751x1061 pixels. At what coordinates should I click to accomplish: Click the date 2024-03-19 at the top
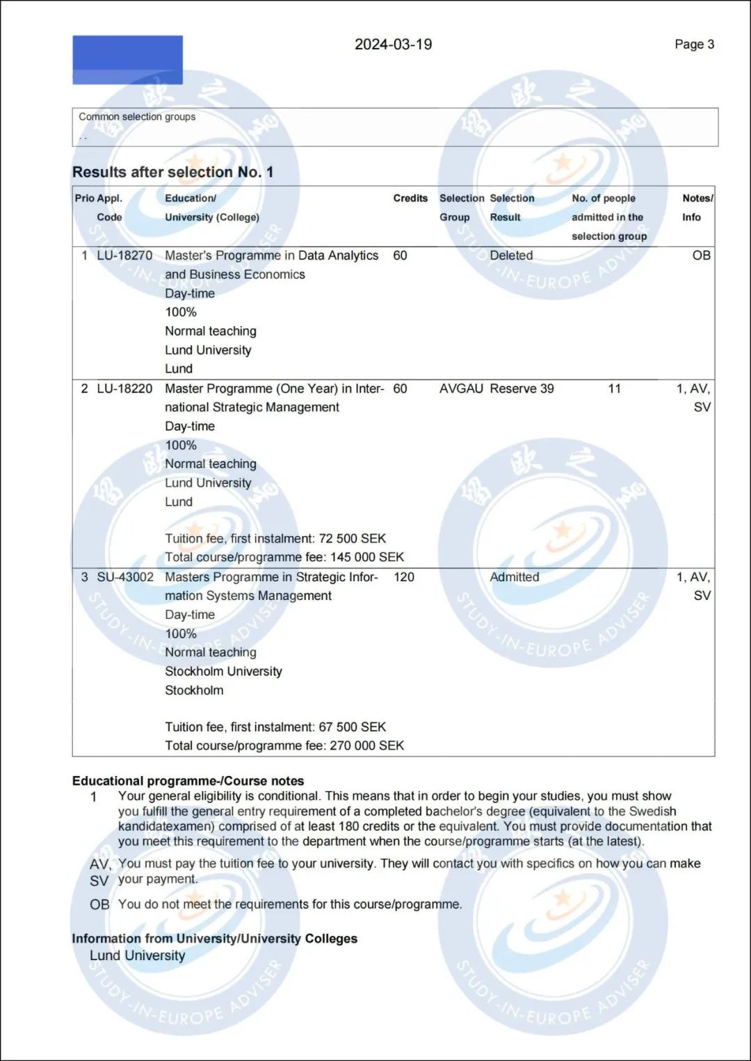pos(393,44)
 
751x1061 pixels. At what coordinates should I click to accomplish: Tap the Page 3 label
pos(694,44)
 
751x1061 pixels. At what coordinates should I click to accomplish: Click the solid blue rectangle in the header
pos(127,60)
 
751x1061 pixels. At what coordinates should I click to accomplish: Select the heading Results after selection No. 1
pos(172,172)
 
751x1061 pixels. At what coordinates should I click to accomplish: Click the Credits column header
pos(410,198)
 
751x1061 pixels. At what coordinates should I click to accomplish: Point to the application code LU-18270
pos(124,255)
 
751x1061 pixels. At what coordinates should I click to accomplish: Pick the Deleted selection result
pos(511,255)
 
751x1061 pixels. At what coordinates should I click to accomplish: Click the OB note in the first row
pos(701,255)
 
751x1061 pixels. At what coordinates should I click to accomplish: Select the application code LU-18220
pos(124,389)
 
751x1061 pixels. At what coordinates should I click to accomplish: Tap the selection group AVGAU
pos(461,389)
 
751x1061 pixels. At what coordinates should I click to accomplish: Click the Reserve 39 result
pos(522,389)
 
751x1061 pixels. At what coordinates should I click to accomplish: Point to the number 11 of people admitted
pos(614,389)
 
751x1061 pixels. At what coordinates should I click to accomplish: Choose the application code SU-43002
pos(125,577)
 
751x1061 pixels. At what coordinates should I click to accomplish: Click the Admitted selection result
pos(514,577)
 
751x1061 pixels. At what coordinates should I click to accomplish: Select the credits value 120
pos(403,577)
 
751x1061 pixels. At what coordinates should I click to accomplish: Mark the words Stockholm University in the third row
pos(223,671)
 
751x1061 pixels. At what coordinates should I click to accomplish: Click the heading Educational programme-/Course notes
pos(188,781)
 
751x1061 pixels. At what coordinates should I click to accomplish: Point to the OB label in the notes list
pos(99,905)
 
